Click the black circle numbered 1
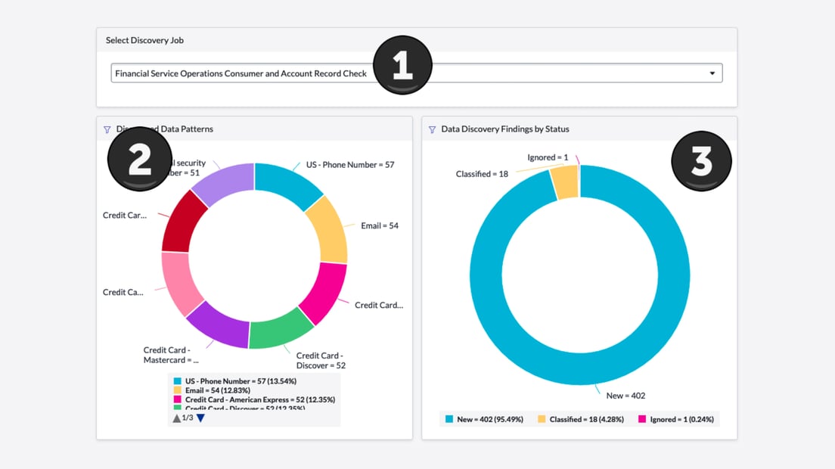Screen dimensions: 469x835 (x=402, y=65)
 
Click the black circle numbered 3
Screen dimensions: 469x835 (x=701, y=161)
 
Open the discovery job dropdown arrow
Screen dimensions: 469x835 (x=712, y=73)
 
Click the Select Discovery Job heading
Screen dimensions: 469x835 (x=144, y=40)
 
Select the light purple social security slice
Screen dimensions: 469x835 (x=222, y=182)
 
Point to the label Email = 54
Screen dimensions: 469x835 (x=379, y=225)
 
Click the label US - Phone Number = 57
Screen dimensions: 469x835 (x=349, y=165)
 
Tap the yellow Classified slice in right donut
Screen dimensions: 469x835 (x=564, y=182)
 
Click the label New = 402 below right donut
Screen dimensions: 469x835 (x=625, y=396)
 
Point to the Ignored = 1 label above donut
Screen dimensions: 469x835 (x=548, y=157)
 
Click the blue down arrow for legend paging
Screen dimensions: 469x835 (x=200, y=418)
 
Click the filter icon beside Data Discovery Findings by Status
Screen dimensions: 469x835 (x=433, y=129)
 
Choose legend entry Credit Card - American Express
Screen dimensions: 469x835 (x=259, y=399)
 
